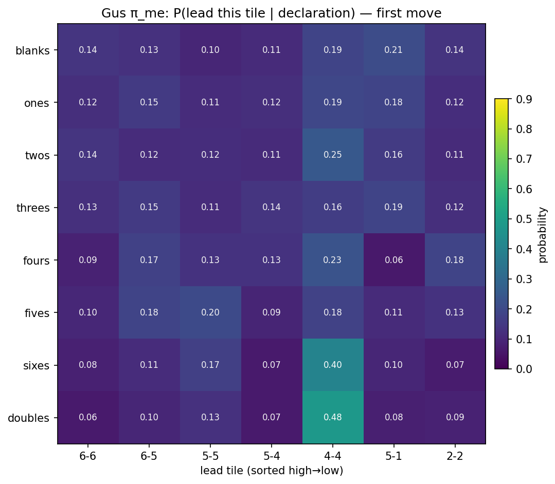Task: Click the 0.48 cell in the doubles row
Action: pos(333,417)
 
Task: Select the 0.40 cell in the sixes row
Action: pos(333,365)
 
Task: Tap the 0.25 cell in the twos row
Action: pos(333,155)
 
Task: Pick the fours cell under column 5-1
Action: pos(394,260)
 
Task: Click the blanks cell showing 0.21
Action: pos(394,50)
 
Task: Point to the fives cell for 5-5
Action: pos(210,312)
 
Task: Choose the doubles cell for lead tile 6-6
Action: pos(88,417)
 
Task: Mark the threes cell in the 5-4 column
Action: pos(272,207)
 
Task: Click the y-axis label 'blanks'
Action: pos(32,51)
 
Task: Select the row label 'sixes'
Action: pos(37,366)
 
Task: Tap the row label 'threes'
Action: pos(33,208)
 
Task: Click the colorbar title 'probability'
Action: pos(543,234)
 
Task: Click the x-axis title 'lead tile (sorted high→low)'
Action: pos(272,471)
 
